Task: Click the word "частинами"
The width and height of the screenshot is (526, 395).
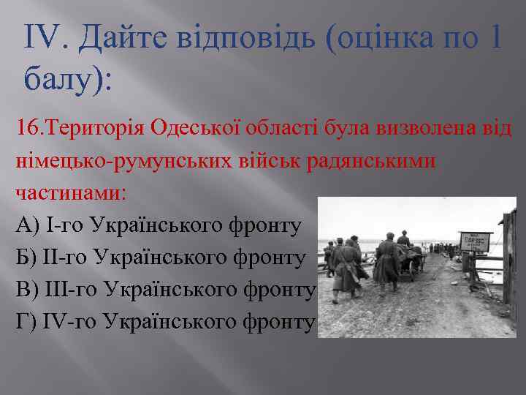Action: click(66, 193)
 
